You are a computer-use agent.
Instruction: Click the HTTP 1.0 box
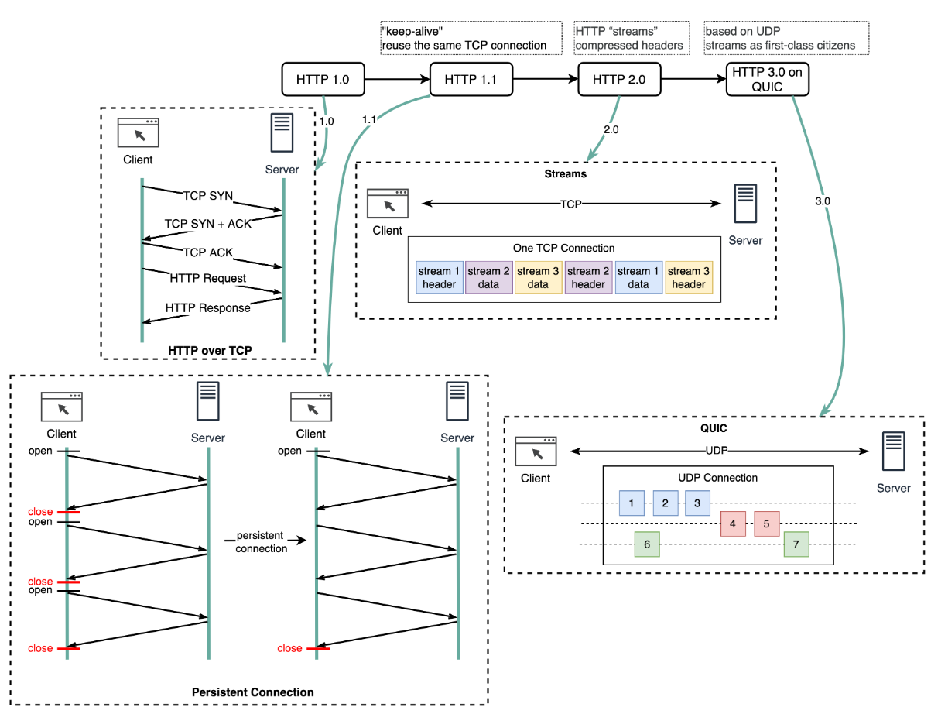point(323,79)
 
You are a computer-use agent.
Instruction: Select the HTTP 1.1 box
point(471,79)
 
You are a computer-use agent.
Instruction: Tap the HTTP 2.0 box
point(619,79)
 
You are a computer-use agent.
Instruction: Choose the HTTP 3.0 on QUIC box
point(768,79)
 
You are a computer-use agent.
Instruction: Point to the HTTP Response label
point(208,307)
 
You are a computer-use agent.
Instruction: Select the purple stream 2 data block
point(488,277)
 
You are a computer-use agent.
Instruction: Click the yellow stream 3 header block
point(688,277)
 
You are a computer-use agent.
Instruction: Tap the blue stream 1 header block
point(439,277)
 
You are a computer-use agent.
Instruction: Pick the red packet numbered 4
point(732,523)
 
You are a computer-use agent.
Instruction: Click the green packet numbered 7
point(796,544)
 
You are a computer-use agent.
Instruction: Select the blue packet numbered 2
point(665,503)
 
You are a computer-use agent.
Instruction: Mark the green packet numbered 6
point(647,544)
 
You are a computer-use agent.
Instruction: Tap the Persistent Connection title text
point(252,692)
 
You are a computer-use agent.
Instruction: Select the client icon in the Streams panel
point(387,203)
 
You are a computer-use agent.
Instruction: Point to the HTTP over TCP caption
point(210,351)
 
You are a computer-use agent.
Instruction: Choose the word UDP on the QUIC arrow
point(717,450)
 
